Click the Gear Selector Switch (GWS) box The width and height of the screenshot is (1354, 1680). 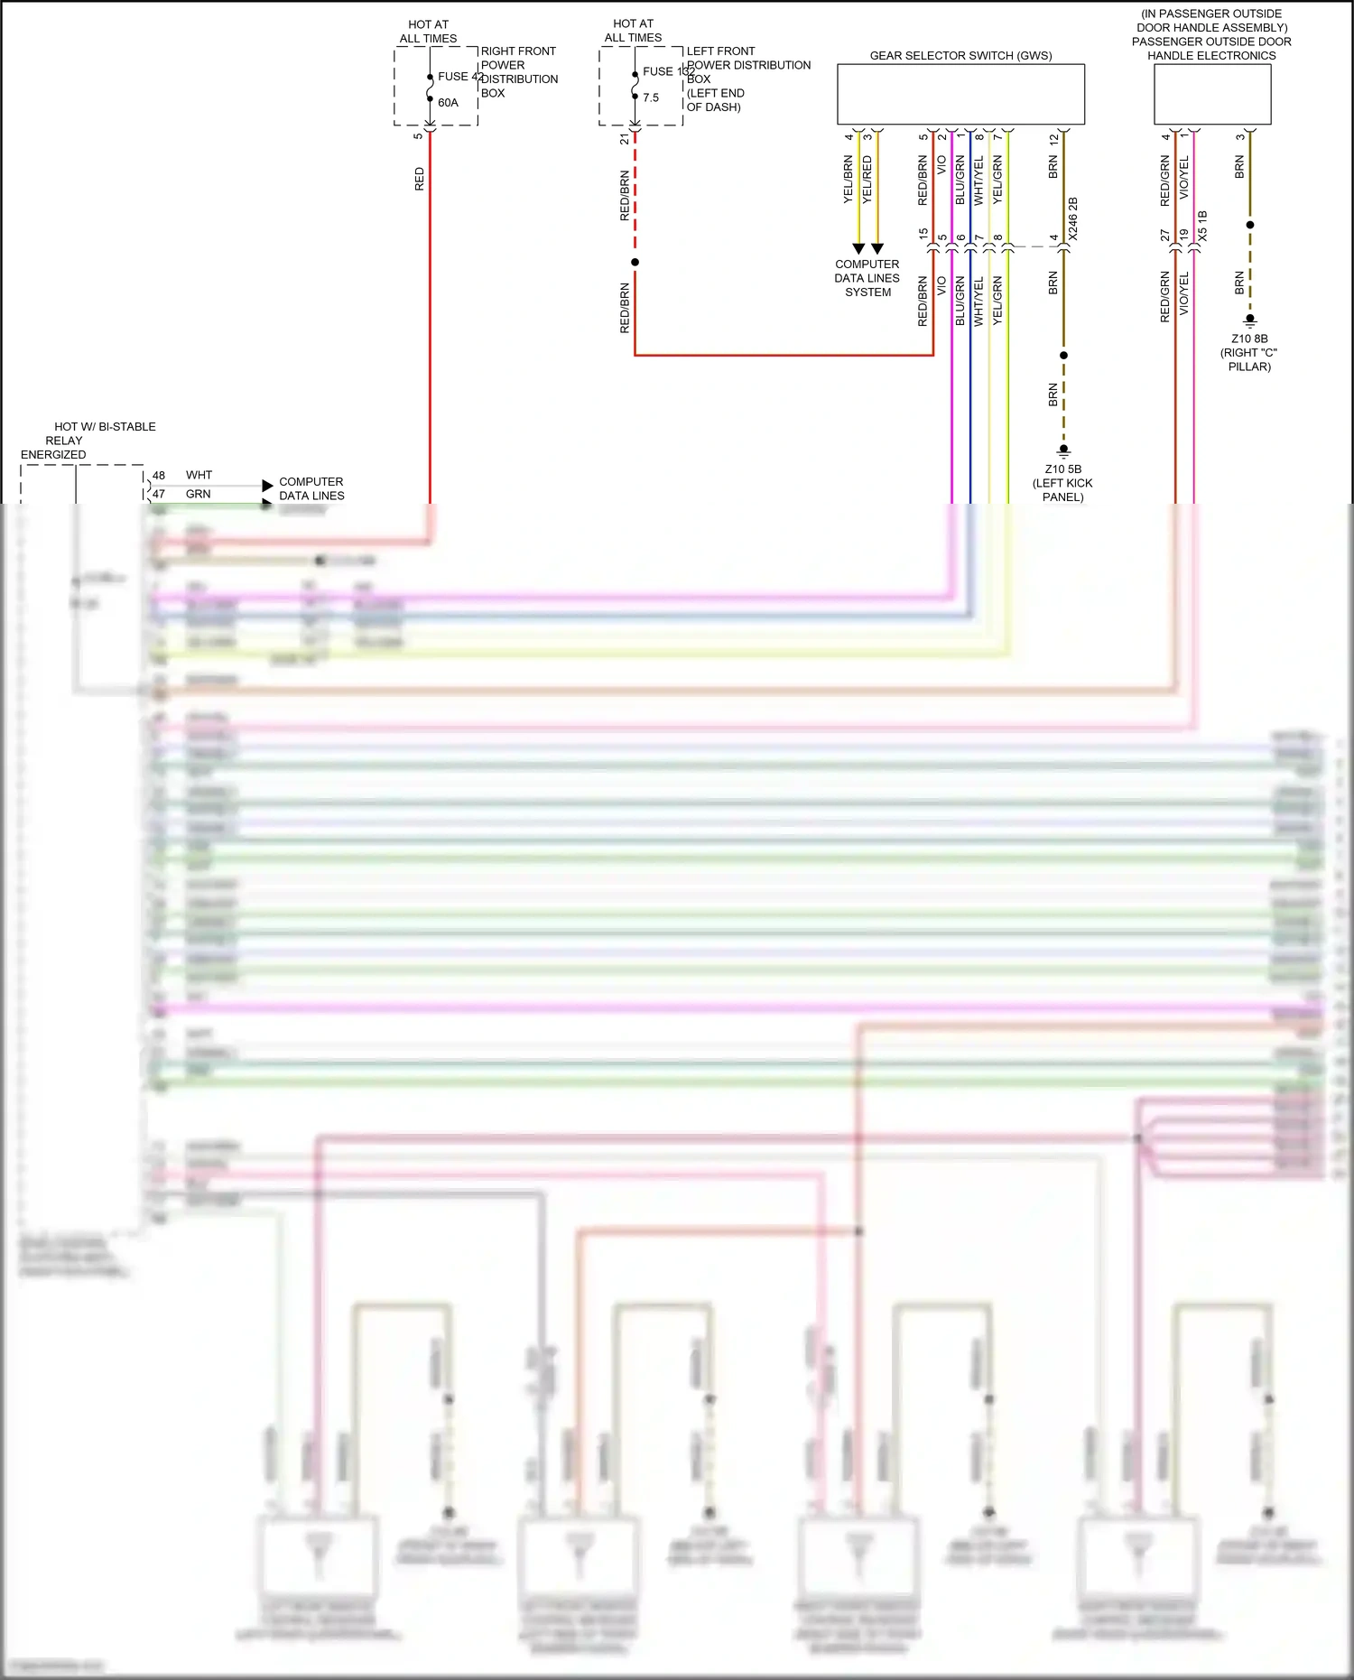(960, 94)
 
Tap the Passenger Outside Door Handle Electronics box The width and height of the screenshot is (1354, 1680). (1212, 94)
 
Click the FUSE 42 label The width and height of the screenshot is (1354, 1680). (460, 77)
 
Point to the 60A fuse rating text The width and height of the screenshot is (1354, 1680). (448, 103)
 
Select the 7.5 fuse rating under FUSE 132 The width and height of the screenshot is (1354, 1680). (651, 97)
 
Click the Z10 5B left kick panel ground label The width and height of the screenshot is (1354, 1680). (1062, 483)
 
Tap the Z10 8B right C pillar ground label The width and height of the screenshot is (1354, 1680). (1249, 353)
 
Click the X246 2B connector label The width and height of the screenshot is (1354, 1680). (1073, 218)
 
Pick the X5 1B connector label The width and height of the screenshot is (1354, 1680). (1202, 226)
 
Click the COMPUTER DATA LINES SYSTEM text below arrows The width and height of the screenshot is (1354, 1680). (867, 278)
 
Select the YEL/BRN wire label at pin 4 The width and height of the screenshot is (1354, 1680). (848, 179)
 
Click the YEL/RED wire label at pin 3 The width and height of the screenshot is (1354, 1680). (867, 179)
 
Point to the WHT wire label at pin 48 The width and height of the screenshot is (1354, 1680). (199, 475)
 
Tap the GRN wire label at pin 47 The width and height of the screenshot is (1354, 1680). (198, 494)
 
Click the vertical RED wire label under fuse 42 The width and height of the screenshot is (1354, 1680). (419, 179)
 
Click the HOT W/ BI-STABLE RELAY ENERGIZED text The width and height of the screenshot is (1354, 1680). (88, 441)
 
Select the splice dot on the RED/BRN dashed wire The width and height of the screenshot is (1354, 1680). (635, 263)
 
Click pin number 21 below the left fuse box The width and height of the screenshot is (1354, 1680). (625, 139)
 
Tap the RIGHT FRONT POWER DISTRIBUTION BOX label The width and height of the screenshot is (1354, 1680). (518, 72)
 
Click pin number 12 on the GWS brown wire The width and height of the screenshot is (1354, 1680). (1053, 139)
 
